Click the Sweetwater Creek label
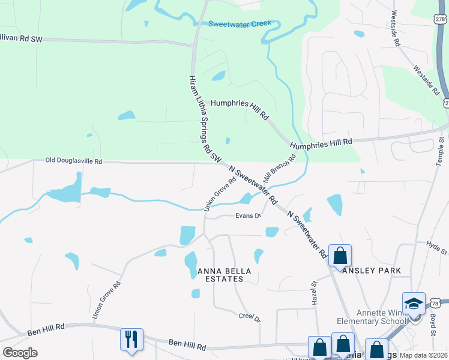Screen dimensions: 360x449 240,24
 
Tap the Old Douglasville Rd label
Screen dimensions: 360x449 74,161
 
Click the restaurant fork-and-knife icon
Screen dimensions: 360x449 131,339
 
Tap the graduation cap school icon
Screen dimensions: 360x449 414,303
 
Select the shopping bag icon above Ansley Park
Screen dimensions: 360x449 340,256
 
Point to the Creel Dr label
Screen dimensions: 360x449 249,317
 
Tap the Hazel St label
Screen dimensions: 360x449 314,293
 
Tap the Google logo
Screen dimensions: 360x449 20,353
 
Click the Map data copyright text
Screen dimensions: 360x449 423,355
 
